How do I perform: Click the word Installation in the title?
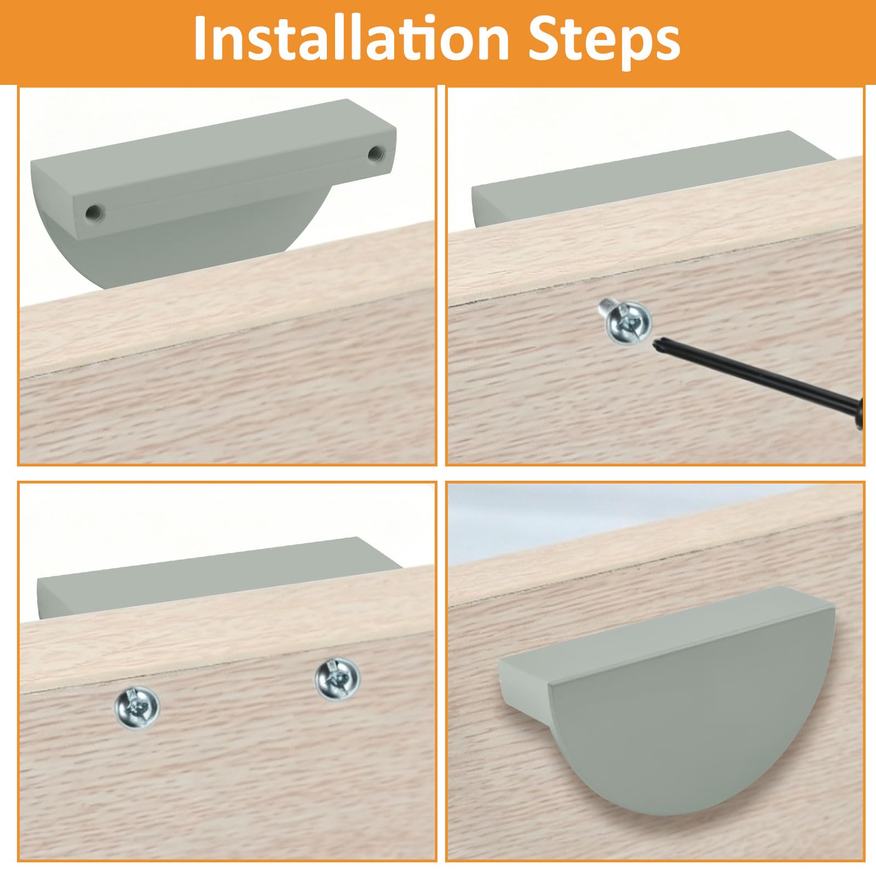pos(351,39)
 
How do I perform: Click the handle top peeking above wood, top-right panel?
pos(652,178)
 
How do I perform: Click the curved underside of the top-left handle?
pos(192,257)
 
